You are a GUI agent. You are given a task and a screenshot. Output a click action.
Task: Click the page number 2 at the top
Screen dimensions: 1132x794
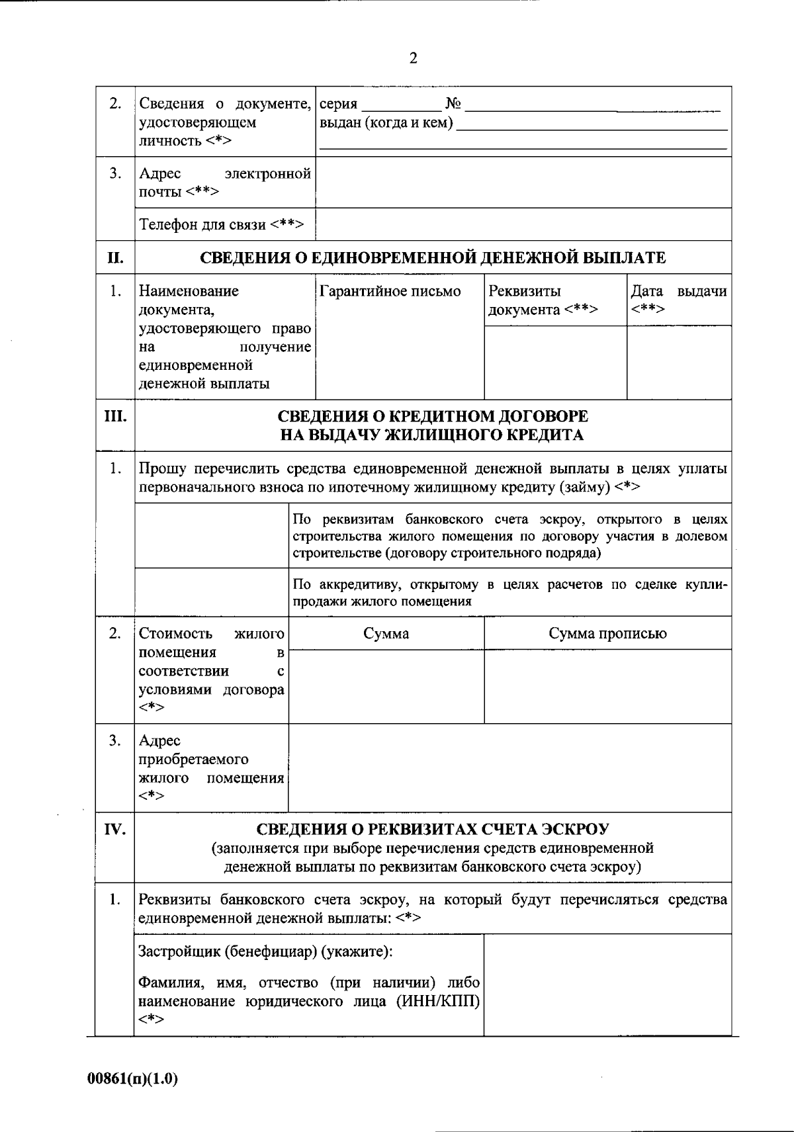point(414,59)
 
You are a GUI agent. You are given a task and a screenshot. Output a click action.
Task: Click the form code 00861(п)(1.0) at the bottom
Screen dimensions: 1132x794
point(133,1078)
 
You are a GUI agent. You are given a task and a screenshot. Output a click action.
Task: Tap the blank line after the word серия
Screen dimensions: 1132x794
point(401,106)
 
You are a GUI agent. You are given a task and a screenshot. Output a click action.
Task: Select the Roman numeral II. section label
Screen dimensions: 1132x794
point(115,258)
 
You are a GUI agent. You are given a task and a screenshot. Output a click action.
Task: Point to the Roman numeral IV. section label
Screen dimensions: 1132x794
point(115,829)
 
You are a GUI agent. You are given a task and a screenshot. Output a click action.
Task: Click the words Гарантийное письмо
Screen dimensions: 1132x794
point(390,292)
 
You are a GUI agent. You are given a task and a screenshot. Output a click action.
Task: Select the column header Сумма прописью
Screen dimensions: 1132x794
point(607,634)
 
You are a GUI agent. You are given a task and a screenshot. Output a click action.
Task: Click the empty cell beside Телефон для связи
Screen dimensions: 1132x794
point(523,225)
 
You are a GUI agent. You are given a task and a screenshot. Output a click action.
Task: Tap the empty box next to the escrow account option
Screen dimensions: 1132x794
point(211,535)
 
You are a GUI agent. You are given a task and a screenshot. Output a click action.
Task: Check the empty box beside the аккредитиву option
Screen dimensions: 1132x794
point(211,592)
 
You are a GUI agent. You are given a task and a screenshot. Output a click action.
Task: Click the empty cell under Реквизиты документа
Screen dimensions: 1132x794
point(555,362)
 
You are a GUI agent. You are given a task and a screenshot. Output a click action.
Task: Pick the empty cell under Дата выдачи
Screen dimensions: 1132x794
point(679,362)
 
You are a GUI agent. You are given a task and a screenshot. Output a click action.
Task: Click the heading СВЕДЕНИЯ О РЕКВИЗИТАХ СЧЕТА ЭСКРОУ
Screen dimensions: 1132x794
point(433,829)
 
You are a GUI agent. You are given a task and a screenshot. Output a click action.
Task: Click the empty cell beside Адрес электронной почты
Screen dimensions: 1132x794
point(523,183)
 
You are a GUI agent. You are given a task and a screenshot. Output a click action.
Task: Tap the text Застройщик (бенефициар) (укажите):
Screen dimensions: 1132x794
point(265,952)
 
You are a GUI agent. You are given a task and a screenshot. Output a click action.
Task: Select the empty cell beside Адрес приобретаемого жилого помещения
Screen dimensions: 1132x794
point(509,768)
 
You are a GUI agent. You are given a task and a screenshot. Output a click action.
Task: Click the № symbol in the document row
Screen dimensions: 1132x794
point(454,104)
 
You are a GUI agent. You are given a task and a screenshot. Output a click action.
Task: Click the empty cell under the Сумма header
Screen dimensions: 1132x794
point(386,686)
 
